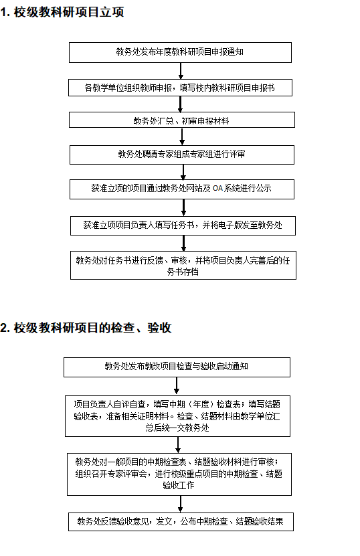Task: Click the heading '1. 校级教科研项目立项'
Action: tap(62, 13)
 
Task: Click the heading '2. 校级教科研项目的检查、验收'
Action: tap(86, 328)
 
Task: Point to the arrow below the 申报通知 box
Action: tap(181, 71)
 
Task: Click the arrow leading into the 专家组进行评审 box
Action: tap(182, 136)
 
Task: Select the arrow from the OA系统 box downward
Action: tap(184, 207)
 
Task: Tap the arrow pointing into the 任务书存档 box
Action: tap(184, 244)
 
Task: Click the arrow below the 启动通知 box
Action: tap(177, 386)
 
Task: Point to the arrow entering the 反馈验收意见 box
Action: tap(181, 504)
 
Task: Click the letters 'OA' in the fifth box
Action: tap(217, 189)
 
